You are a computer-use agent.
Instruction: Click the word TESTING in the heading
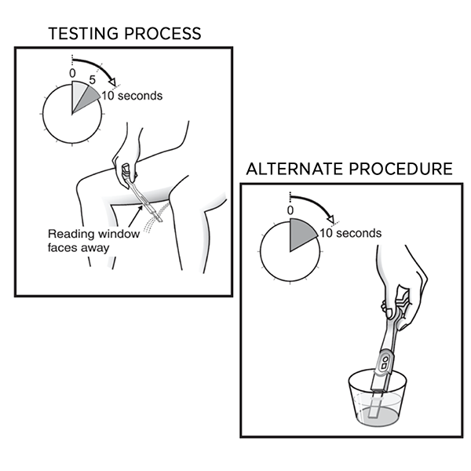coord(83,33)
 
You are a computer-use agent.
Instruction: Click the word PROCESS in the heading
coord(162,33)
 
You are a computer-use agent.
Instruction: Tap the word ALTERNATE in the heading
coord(294,169)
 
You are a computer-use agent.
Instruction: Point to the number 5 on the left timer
coord(92,80)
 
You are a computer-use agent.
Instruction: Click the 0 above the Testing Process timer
coord(72,74)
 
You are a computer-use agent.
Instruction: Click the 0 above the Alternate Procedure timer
coord(290,210)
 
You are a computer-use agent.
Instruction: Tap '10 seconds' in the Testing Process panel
coord(132,96)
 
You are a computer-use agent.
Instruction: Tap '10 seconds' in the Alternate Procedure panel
coord(351,233)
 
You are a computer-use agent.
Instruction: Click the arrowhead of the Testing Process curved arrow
coord(112,82)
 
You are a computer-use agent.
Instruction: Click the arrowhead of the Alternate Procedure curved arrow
coord(330,218)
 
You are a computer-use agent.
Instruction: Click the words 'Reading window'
coord(93,234)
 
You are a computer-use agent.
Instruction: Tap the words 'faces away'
coord(78,248)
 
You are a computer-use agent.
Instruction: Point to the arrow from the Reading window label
coord(135,217)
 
